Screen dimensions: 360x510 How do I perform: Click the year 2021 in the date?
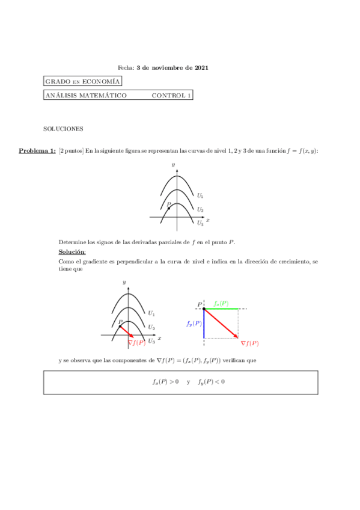202,68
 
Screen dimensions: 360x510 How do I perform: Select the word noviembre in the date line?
162,68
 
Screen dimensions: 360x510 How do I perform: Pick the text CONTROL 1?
171,95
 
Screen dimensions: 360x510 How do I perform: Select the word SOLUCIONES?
63,129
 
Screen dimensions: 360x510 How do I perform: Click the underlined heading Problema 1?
37,150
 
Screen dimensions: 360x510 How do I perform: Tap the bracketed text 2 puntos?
71,150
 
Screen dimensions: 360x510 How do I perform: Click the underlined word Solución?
72,251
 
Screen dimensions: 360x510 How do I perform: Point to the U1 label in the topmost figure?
200,195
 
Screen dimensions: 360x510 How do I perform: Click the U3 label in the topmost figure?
200,223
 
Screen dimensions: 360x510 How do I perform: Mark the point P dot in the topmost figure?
169,208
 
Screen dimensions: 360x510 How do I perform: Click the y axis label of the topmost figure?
173,164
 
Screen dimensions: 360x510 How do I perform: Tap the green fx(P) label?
221,304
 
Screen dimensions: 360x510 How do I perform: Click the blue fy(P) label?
194,324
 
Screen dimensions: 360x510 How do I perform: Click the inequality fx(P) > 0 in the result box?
165,381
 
